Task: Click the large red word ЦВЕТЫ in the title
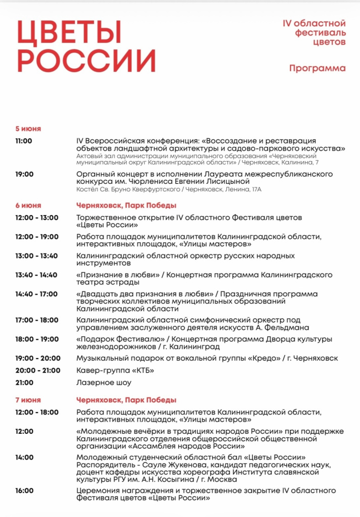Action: [69, 33]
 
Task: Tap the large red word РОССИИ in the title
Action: [86, 61]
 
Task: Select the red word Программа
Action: [318, 68]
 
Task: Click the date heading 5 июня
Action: [28, 128]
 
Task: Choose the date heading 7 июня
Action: [28, 400]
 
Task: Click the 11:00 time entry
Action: [24, 141]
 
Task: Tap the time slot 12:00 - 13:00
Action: [37, 218]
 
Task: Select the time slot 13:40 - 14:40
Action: [36, 275]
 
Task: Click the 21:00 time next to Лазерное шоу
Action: [24, 383]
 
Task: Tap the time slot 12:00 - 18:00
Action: [37, 412]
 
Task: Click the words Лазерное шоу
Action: [104, 383]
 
